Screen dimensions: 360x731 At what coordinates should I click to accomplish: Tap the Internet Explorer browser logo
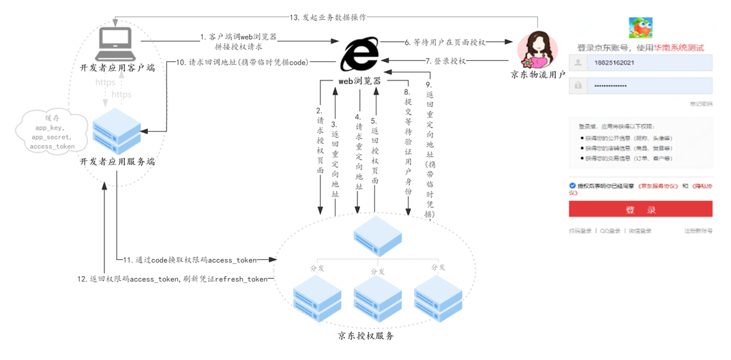click(360, 55)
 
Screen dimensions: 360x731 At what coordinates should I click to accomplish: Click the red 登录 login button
click(641, 209)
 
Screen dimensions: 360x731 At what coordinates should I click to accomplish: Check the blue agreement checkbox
click(573, 185)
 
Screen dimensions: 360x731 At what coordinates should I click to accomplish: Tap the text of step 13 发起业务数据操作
click(327, 17)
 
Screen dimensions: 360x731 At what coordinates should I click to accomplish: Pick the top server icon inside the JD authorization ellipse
click(377, 235)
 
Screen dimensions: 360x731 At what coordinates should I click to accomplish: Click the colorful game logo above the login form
click(640, 28)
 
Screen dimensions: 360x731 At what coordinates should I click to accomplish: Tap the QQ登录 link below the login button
click(610, 231)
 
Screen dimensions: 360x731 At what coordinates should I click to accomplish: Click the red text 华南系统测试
click(678, 48)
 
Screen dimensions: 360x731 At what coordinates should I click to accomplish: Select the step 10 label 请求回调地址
click(242, 62)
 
